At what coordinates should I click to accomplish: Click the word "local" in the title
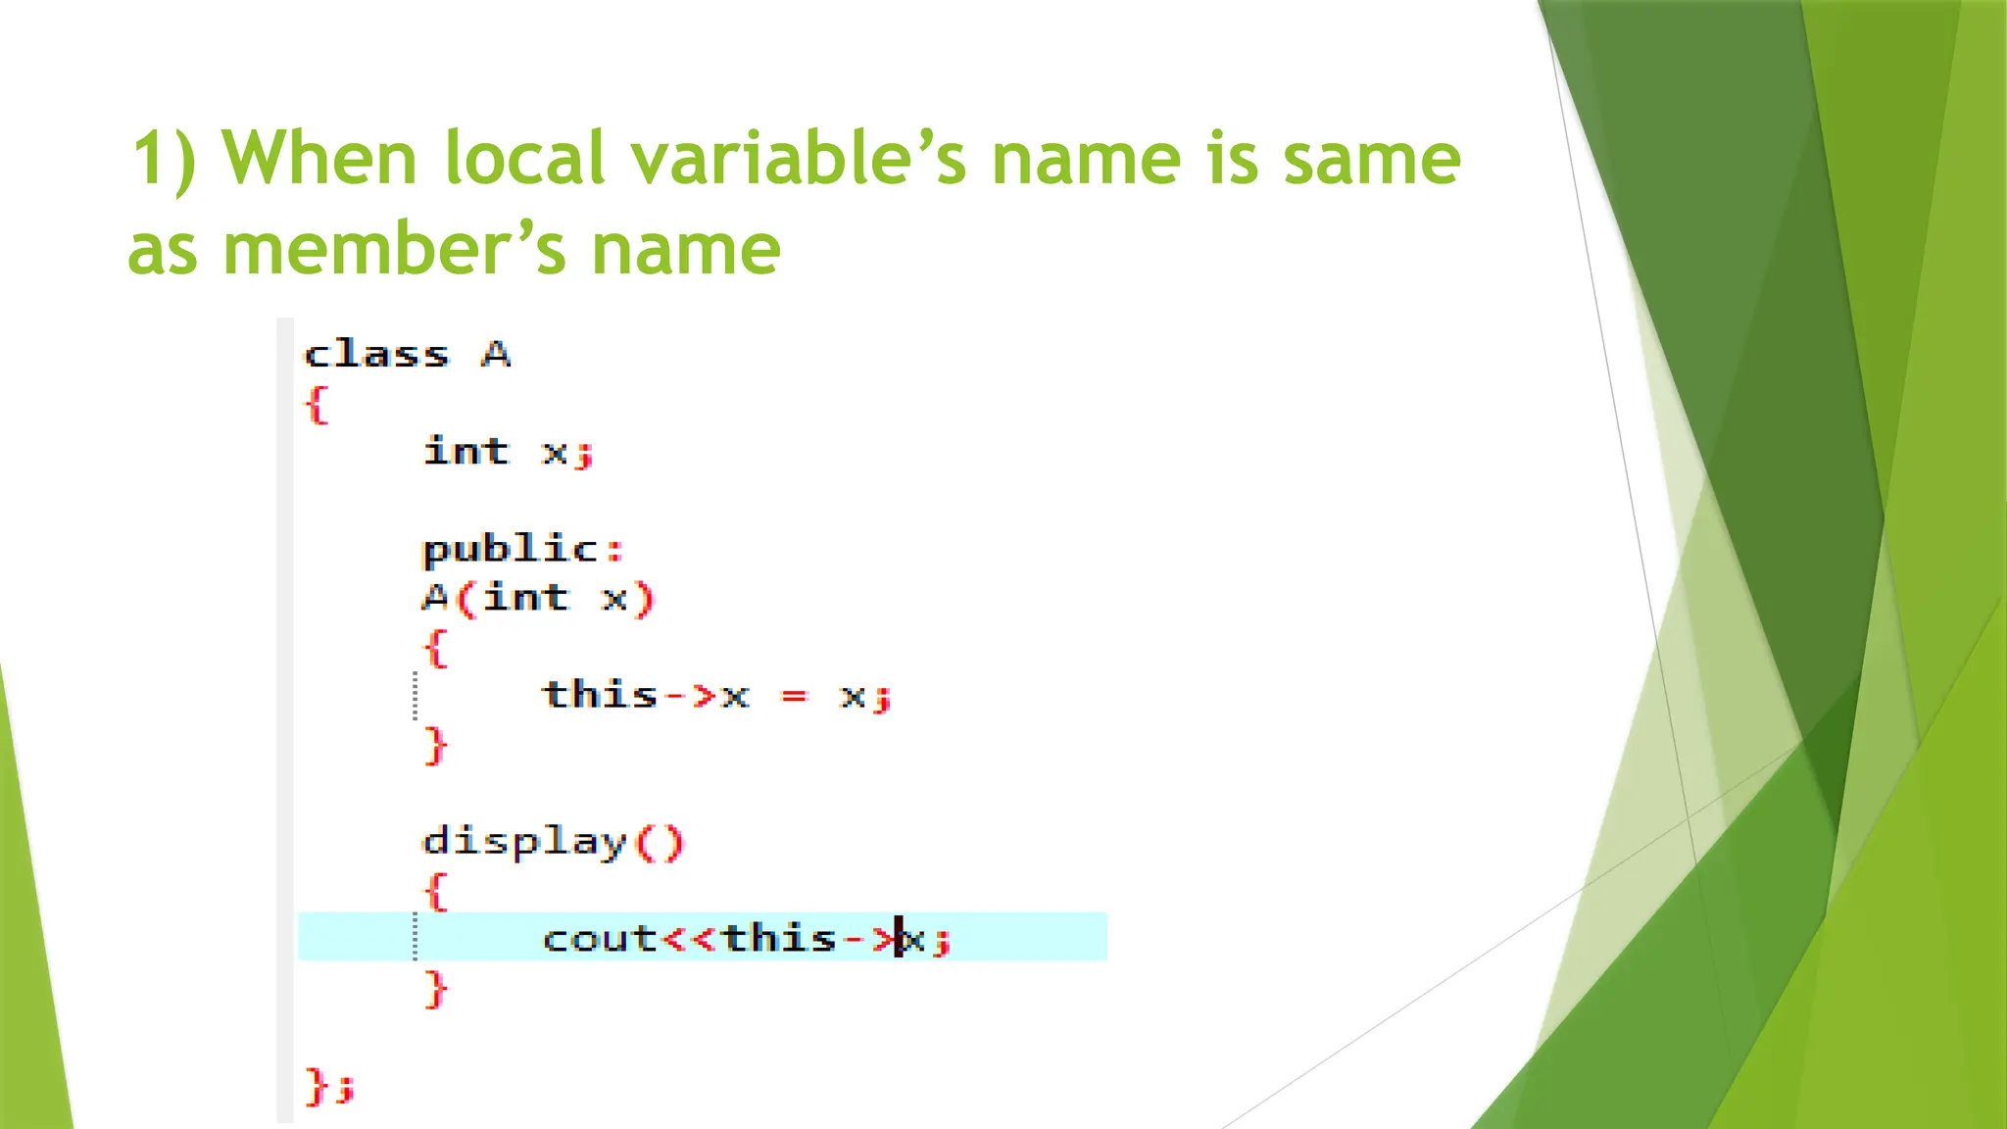click(524, 158)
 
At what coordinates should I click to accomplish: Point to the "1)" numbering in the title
click(164, 158)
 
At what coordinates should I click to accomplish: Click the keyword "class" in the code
click(376, 354)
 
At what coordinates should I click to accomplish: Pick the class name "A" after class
click(496, 354)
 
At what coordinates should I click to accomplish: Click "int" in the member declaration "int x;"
click(466, 452)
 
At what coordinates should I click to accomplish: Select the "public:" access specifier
click(522, 549)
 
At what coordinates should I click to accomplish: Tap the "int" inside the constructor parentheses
click(525, 598)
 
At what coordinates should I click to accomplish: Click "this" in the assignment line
click(600, 695)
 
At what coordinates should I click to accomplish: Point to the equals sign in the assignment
click(794, 696)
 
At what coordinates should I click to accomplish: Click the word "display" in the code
click(524, 842)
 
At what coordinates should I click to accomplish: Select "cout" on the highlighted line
click(600, 939)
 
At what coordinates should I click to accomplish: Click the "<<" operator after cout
click(691, 939)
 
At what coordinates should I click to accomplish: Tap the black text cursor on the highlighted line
click(899, 938)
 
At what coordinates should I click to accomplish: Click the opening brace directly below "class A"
click(316, 404)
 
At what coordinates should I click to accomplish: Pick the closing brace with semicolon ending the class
click(329, 1086)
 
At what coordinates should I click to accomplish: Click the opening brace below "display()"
click(436, 891)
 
